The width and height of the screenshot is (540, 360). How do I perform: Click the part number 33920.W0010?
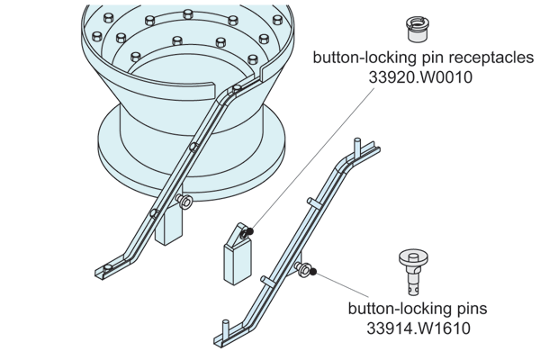(x=420, y=77)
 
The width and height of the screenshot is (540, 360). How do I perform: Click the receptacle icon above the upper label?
(x=418, y=25)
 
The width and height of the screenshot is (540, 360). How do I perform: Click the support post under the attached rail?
(x=167, y=230)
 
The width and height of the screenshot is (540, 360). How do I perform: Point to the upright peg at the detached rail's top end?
(x=360, y=144)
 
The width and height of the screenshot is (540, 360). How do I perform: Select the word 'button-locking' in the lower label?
(x=391, y=309)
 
